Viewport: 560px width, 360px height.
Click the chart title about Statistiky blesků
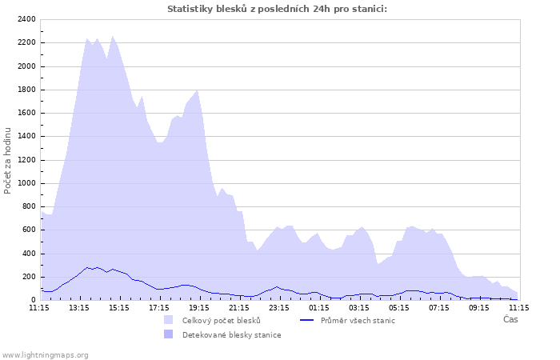click(277, 9)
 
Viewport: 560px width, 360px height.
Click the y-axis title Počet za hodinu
click(9, 160)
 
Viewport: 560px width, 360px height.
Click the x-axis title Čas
click(510, 319)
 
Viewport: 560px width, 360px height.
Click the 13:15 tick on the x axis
click(79, 306)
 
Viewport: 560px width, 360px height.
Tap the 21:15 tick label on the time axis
click(239, 306)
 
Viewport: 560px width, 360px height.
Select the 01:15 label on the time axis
click(319, 306)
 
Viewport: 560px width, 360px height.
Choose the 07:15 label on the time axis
click(439, 306)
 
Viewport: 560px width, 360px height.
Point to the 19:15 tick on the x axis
click(199, 306)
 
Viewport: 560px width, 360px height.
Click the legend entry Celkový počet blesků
click(222, 320)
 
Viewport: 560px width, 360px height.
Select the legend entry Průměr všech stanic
click(358, 320)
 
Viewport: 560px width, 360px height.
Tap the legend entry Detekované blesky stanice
click(231, 334)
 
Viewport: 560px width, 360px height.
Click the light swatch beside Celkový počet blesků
click(168, 320)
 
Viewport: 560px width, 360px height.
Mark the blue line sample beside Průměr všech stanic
click(306, 320)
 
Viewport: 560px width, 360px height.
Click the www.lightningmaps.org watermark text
click(46, 354)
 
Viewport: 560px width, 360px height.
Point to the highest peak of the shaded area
click(113, 36)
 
